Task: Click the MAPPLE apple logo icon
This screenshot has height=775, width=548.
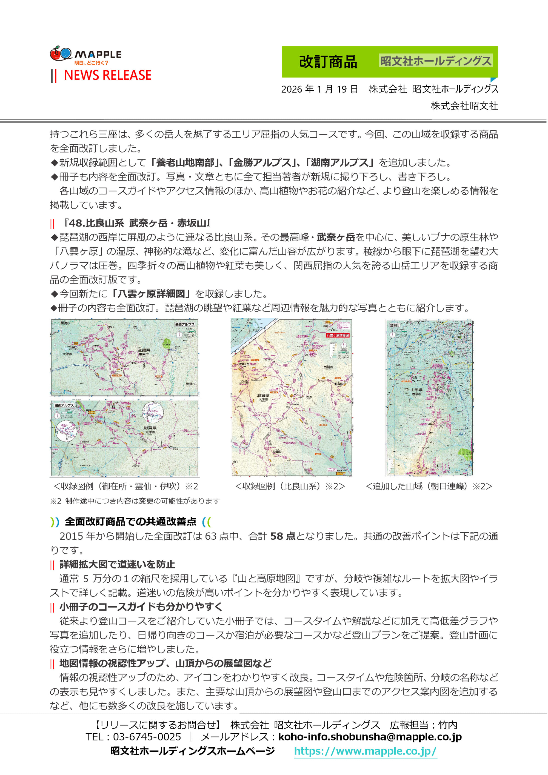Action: tap(61, 53)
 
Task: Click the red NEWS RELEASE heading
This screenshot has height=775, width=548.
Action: tap(107, 75)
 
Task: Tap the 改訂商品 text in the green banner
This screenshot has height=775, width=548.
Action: tap(328, 62)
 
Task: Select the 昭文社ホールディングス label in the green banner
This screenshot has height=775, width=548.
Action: tap(436, 61)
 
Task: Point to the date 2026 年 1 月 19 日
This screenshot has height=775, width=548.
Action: tap(319, 89)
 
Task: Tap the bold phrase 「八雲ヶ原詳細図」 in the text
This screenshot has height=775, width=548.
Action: tap(152, 294)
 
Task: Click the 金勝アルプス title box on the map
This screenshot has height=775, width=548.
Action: tap(185, 324)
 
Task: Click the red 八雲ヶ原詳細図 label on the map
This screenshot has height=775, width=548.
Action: tap(337, 335)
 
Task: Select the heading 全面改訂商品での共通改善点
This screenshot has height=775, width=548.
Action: tap(130, 522)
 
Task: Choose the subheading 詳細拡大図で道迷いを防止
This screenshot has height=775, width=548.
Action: tap(117, 564)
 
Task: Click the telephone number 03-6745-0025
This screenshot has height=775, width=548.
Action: tap(147, 737)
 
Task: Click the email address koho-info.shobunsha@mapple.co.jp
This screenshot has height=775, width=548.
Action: tap(370, 737)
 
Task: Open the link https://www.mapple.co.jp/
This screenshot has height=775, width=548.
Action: tap(365, 751)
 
